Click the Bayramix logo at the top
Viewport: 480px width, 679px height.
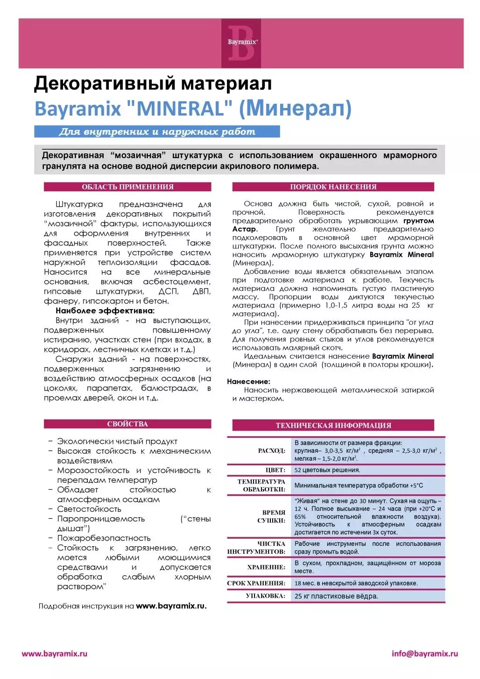pyautogui.click(x=241, y=43)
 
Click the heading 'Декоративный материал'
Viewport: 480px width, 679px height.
pyautogui.click(x=153, y=84)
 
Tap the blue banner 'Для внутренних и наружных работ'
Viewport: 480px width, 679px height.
pyautogui.click(x=157, y=132)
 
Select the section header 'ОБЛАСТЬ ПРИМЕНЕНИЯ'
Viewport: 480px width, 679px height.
pyautogui.click(x=127, y=187)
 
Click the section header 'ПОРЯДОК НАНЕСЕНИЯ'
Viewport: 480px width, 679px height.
pyautogui.click(x=333, y=187)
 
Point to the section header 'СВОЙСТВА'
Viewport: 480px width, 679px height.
pyautogui.click(x=127, y=424)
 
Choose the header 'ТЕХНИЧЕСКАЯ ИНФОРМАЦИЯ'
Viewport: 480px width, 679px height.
pyautogui.click(x=333, y=426)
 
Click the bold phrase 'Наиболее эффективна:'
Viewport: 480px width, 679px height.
pyautogui.click(x=105, y=311)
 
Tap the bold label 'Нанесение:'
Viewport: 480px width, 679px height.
pyautogui.click(x=248, y=382)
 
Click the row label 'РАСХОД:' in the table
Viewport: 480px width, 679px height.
pyautogui.click(x=271, y=451)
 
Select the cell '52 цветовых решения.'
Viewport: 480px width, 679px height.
pyautogui.click(x=327, y=470)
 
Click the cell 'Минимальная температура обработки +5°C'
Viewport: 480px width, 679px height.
pyautogui.click(x=359, y=485)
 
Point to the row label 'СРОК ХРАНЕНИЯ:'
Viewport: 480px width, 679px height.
pyautogui.click(x=256, y=583)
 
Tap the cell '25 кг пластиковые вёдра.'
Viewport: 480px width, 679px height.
pyautogui.click(x=336, y=596)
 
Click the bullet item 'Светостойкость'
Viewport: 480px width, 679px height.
pyautogui.click(x=89, y=509)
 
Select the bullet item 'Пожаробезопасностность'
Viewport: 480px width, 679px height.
pyautogui.click(x=104, y=538)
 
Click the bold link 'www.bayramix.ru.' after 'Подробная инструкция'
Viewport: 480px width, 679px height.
pyautogui.click(x=171, y=606)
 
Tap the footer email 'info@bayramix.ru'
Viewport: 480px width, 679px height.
pyautogui.click(x=424, y=654)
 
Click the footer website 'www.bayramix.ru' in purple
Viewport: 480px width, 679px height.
pyautogui.click(x=55, y=654)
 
